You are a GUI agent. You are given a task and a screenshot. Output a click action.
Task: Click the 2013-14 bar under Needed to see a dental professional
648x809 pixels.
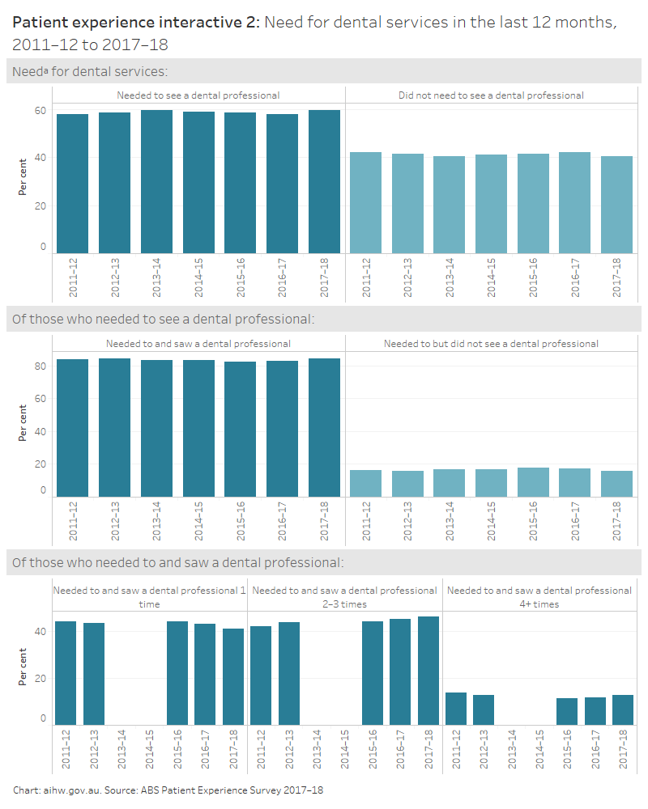click(156, 181)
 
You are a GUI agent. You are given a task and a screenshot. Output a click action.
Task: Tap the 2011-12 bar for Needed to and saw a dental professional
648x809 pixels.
click(72, 428)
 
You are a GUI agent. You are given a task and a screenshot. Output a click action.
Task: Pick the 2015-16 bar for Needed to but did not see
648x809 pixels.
click(532, 482)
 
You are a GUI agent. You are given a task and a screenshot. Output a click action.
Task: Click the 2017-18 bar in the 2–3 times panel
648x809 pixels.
click(428, 671)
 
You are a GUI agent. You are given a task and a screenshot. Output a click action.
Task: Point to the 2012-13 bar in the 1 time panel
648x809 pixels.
click(94, 674)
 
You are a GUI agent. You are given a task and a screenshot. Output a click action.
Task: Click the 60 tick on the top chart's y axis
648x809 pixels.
click(40, 111)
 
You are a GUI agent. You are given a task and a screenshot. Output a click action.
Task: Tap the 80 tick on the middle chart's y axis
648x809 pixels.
click(40, 366)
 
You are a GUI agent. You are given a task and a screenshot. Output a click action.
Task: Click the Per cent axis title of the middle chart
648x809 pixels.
click(23, 425)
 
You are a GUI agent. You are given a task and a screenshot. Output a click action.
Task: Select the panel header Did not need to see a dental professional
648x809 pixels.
click(491, 95)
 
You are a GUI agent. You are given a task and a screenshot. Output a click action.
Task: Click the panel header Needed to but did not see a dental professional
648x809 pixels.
click(491, 344)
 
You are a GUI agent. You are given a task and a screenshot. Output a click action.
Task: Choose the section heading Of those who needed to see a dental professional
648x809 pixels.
click(163, 319)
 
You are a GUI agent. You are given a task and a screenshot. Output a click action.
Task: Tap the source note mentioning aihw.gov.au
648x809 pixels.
click(168, 790)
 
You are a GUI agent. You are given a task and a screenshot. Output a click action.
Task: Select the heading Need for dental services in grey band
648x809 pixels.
click(90, 71)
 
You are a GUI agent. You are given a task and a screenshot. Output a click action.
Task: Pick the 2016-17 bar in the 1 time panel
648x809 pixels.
click(205, 675)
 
